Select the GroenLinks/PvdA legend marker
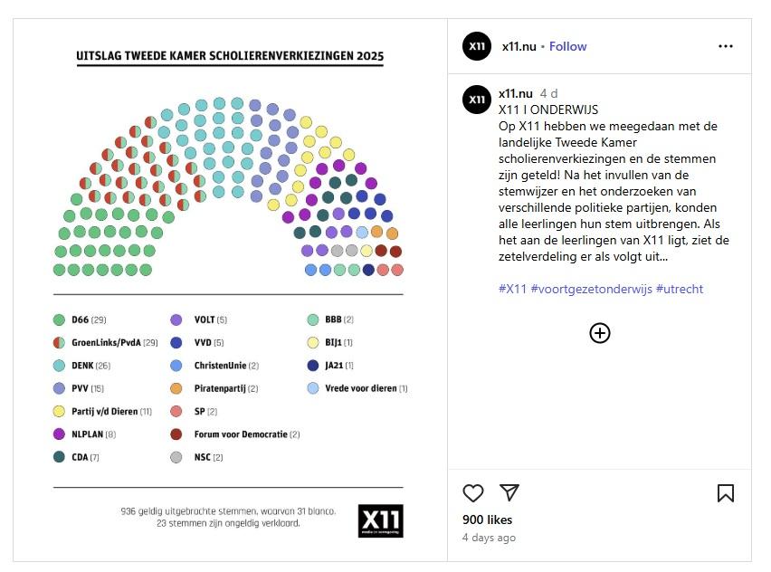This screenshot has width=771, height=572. click(60, 343)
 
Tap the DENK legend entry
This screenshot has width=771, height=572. click(83, 366)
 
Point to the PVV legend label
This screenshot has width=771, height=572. click(82, 388)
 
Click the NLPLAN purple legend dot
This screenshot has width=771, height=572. click(60, 434)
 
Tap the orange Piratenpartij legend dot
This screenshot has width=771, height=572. click(176, 388)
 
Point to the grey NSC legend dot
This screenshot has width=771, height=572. click(176, 457)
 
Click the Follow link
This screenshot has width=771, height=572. click(567, 46)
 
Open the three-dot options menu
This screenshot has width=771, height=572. click(726, 46)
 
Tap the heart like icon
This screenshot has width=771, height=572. click(473, 492)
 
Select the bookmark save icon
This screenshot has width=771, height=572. click(726, 492)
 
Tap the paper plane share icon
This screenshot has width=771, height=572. click(509, 492)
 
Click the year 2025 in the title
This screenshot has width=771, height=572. click(369, 56)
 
